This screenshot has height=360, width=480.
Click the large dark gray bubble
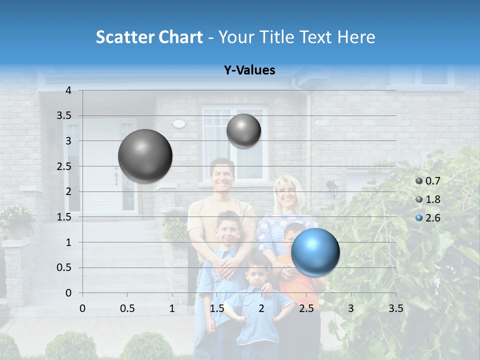point(145,156)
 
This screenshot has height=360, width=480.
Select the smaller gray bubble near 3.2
point(243,131)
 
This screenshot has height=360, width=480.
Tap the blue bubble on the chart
point(315,252)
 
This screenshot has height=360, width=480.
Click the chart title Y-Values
point(249,70)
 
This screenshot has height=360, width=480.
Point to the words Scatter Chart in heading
point(149,37)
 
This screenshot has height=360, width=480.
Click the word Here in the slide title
point(356,37)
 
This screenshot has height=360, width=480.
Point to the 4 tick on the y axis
point(68,90)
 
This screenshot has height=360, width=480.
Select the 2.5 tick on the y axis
point(64,166)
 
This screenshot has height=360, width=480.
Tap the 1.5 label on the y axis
point(64,217)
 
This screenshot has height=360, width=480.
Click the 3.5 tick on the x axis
point(395,308)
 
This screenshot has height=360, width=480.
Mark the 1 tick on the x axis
point(172,308)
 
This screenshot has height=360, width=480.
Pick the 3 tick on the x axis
point(351,308)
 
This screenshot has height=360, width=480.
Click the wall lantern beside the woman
point(332,188)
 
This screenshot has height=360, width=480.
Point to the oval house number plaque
point(179,123)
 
